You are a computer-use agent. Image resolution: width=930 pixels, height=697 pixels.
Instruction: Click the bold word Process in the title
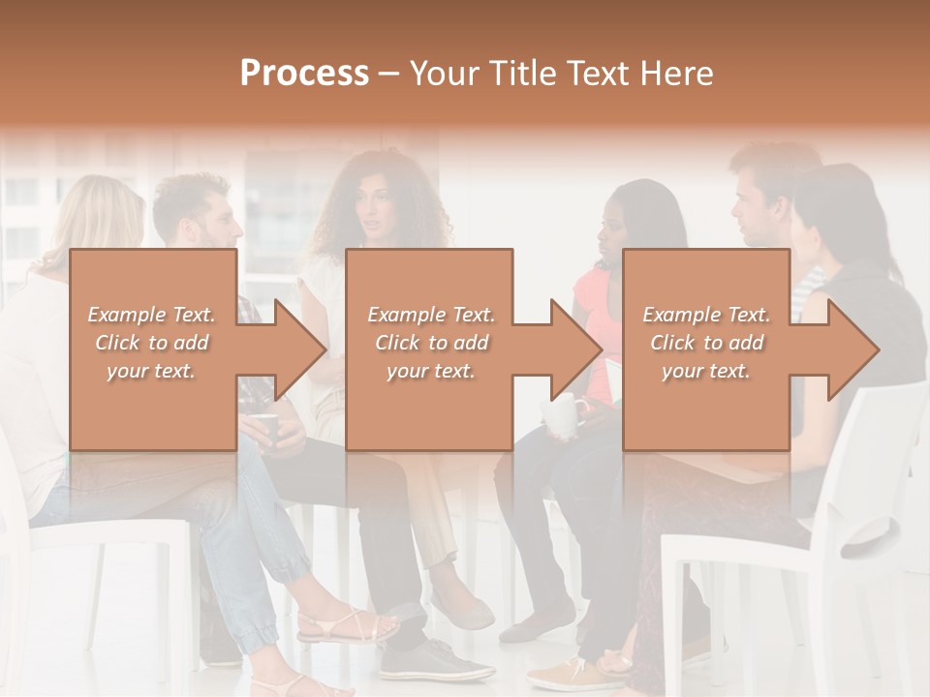pos(304,74)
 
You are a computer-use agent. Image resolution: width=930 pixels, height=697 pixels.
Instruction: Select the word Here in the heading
pos(674,74)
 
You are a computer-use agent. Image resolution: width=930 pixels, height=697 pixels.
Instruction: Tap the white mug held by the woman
pos(561,415)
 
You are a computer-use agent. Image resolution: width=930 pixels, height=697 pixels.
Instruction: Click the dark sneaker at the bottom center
pos(436,662)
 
